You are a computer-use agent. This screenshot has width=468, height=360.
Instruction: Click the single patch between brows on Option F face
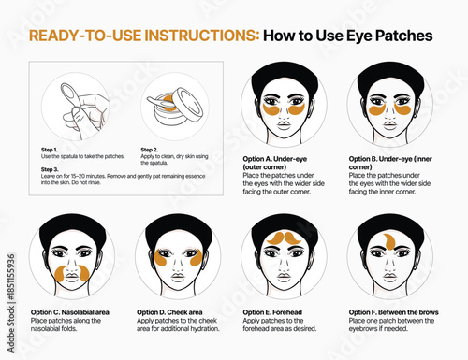pyautogui.click(x=388, y=244)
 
